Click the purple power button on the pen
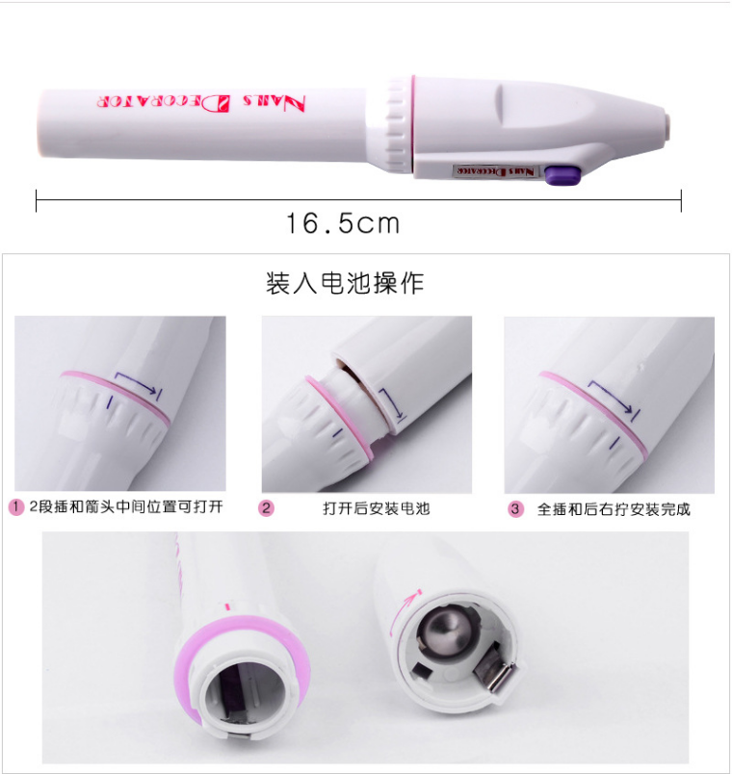(562, 175)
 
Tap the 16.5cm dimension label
(343, 223)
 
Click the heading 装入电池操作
(345, 283)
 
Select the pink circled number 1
(16, 507)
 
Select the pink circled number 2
(266, 508)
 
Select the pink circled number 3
(515, 509)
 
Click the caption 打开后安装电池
(377, 508)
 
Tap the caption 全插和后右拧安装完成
(614, 509)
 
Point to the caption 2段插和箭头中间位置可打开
(126, 506)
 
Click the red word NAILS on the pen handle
(274, 103)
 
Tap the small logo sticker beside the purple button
(495, 171)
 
